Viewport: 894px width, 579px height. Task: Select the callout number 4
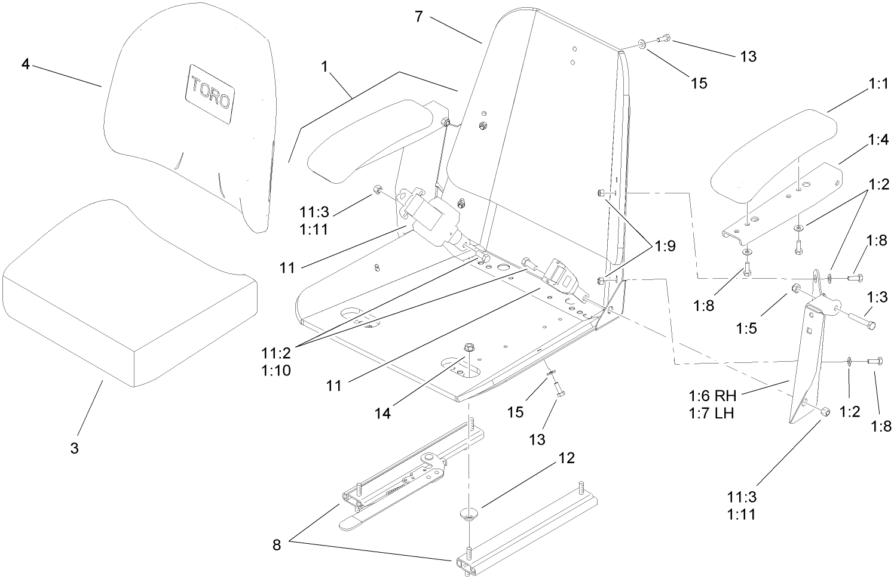[x=25, y=63]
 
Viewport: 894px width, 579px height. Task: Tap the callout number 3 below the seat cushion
[x=74, y=448]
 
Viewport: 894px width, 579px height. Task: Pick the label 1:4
[x=877, y=140]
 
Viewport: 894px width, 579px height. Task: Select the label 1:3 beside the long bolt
[x=877, y=297]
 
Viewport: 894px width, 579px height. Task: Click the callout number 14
[x=382, y=413]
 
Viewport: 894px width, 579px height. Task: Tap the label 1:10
[x=276, y=371]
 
